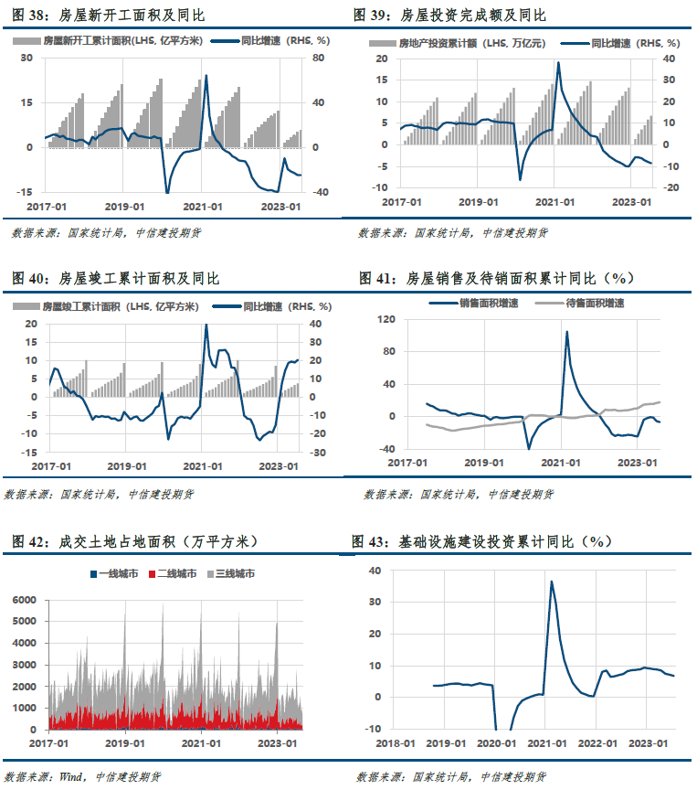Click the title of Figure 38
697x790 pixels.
click(108, 16)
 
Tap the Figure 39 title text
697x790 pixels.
click(449, 16)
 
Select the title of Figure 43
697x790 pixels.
click(481, 541)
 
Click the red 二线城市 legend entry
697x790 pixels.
click(173, 574)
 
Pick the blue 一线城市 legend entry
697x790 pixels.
click(114, 574)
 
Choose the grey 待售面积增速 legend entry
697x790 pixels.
click(580, 304)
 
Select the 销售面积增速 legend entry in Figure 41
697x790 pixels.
click(473, 304)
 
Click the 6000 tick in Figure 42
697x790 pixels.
click(24, 600)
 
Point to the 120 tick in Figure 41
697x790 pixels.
click(386, 319)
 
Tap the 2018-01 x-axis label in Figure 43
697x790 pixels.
click(396, 743)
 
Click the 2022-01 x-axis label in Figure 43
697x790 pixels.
click(597, 743)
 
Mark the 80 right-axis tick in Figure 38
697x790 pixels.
click(318, 58)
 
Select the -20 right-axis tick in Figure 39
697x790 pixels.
click(671, 188)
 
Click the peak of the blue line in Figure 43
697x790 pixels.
click(552, 582)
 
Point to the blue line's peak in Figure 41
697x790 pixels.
click(566, 332)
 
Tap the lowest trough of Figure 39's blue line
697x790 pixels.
click(520, 179)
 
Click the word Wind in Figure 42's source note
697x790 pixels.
click(71, 776)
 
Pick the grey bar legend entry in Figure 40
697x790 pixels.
click(106, 306)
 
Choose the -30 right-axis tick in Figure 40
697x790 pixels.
click(317, 453)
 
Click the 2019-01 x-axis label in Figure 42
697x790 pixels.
click(125, 743)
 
